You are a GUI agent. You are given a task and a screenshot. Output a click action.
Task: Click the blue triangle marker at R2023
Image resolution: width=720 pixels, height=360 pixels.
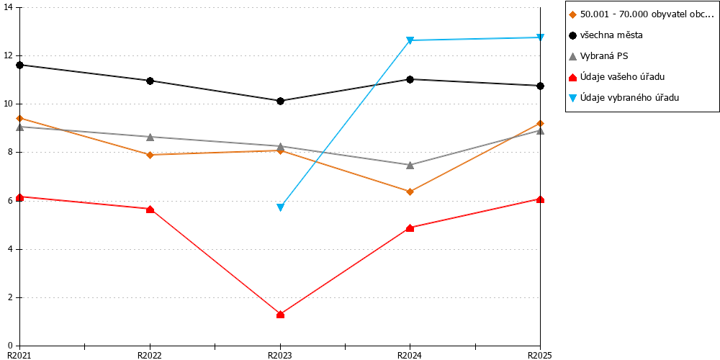(280, 207)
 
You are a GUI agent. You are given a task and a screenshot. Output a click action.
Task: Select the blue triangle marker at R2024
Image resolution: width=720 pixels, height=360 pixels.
(410, 40)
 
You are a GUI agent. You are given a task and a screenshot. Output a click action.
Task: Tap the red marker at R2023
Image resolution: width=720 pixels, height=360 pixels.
(280, 314)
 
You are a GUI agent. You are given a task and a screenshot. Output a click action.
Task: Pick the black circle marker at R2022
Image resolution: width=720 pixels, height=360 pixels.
(150, 81)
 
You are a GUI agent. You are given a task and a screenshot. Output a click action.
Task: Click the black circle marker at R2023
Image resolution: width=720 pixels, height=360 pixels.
(280, 101)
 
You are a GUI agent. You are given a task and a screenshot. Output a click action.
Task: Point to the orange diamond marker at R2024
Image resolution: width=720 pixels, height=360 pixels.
(410, 192)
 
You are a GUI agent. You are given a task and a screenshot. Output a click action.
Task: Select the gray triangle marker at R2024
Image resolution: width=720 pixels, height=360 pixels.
(410, 165)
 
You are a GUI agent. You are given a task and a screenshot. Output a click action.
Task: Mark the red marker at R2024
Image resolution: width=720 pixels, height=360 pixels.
(410, 228)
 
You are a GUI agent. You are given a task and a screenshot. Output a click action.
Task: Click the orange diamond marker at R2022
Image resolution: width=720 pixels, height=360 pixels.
(150, 155)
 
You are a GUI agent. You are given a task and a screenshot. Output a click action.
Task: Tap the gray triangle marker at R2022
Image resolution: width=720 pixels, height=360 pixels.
(150, 137)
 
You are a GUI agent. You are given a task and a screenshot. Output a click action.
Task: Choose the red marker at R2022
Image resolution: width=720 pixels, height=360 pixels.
(150, 210)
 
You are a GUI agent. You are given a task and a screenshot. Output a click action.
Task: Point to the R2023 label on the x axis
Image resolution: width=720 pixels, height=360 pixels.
(280, 355)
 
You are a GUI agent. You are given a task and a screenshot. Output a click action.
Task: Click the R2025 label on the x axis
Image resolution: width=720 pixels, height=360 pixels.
(540, 355)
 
